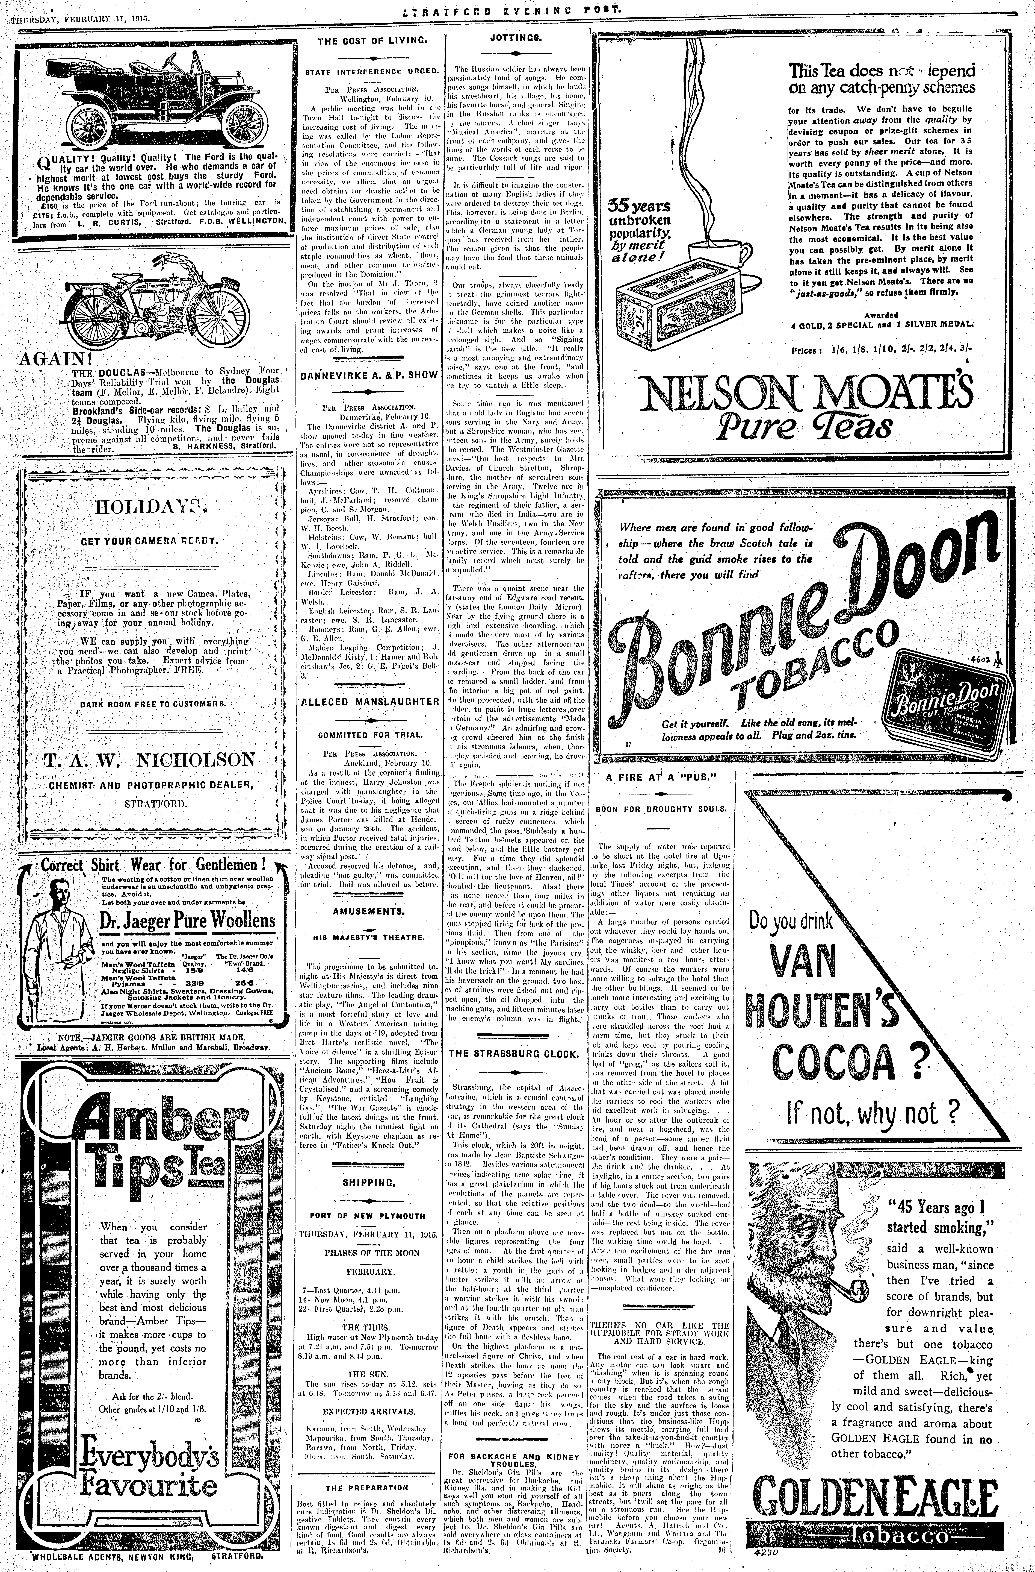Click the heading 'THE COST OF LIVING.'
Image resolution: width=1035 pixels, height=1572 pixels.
tap(368, 41)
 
